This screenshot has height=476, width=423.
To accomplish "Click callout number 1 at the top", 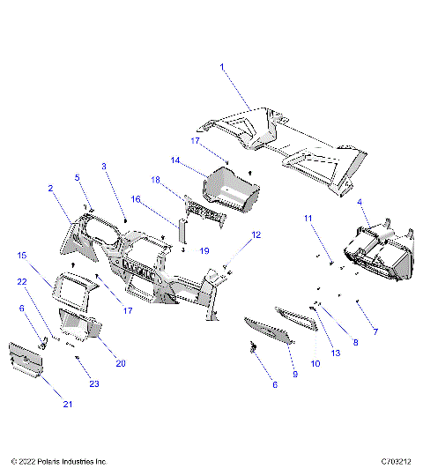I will point(222,67).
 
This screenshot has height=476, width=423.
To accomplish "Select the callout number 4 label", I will point(361,202).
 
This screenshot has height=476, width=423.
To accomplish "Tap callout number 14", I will point(175,160).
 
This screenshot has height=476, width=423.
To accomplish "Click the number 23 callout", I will point(94,383).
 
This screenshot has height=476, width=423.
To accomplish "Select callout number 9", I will point(294,375).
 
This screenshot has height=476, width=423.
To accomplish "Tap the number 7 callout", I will point(375,332).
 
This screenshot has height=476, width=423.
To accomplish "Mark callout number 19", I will point(204,251).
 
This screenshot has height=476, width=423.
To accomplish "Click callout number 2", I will point(50,188).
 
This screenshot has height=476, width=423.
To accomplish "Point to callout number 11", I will point(308,217).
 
